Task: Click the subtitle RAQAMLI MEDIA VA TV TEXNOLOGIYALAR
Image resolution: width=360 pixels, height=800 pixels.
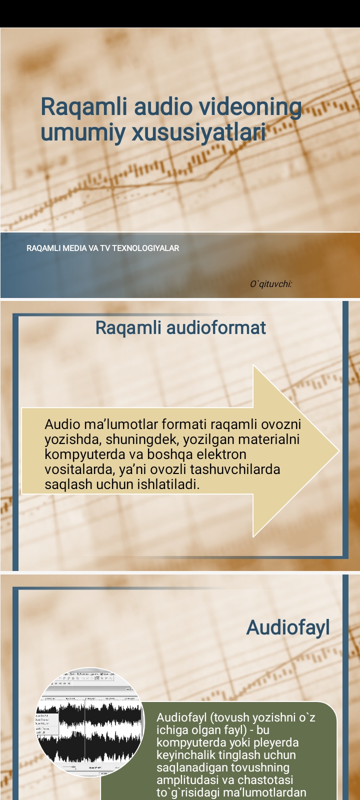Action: coord(102,248)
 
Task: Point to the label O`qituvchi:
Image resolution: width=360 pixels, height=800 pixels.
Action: coord(271,284)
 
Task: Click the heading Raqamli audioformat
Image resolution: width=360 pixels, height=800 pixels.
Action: coord(180,328)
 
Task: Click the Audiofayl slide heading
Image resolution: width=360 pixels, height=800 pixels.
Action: coord(288,628)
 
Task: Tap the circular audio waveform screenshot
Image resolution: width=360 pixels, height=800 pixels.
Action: coord(89,721)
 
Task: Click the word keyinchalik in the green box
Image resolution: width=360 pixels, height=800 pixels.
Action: coord(187,755)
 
